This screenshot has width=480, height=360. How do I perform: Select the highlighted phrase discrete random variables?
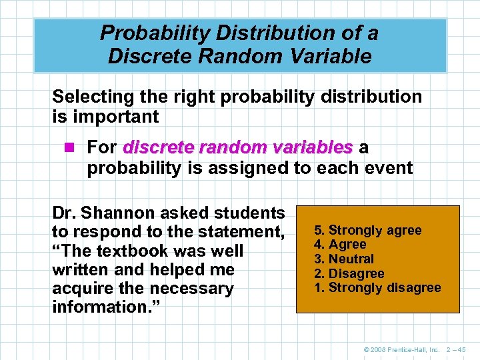[237, 147]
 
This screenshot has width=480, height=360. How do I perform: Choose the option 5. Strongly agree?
[368, 230]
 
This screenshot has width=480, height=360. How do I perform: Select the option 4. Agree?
[340, 245]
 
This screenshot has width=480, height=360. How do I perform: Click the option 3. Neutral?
[344, 259]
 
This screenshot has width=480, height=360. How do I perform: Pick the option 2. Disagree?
[349, 273]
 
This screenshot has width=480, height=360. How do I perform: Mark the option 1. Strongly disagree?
[377, 288]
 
